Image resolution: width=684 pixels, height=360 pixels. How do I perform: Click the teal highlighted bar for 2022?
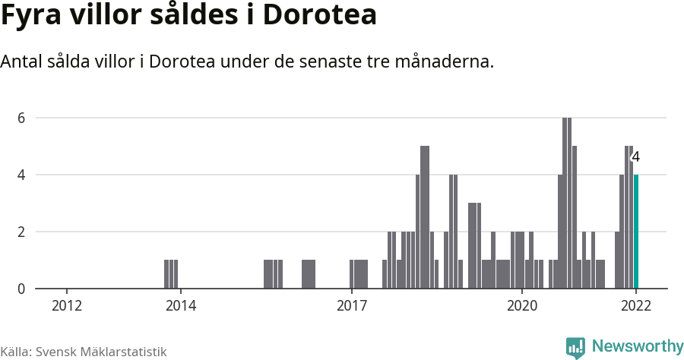pos(636,232)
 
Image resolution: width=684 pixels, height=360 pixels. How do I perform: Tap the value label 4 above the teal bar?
pos(636,157)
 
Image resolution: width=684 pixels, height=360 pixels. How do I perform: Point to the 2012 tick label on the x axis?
pos(67,305)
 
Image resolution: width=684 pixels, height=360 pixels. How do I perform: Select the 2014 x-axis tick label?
pos(181,305)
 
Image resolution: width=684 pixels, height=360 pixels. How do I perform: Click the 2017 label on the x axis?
pos(351,305)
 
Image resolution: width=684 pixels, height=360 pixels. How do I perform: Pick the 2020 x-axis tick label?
pos(522,305)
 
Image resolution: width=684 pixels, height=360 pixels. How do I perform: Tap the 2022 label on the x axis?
pos(636,305)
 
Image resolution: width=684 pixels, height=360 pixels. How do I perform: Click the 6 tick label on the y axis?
pos(22,118)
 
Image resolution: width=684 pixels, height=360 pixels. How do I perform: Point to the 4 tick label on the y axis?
pos(22,175)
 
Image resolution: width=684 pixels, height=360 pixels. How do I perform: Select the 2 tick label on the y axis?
pos(22,232)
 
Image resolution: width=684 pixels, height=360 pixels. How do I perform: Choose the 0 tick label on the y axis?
pos(22,289)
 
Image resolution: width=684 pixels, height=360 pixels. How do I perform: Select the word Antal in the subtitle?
pos(23,62)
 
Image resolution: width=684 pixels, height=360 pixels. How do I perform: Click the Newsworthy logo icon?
pos(575,347)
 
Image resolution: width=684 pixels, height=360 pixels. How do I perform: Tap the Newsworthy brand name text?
pos(637,347)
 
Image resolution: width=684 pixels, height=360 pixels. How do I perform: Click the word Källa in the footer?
pos(15,352)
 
